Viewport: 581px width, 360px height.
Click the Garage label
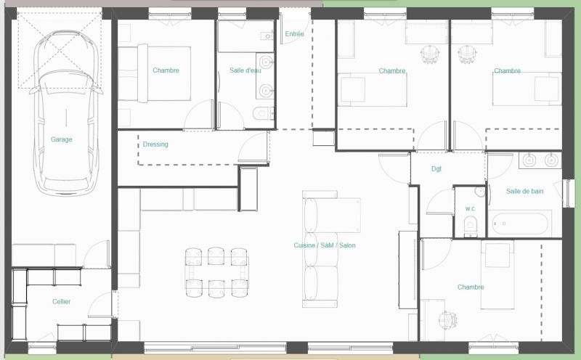coord(62,139)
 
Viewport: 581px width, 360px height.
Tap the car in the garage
coord(66,113)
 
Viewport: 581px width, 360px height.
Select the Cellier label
coord(62,301)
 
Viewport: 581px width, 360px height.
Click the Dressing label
coord(155,144)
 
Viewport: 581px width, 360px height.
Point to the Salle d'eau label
coord(245,70)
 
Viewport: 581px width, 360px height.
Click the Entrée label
coord(295,33)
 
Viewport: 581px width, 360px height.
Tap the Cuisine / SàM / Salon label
coord(325,245)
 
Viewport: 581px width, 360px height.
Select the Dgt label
coord(436,168)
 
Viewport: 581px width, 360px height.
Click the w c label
coord(470,209)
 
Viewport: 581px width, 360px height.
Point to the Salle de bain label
coord(524,191)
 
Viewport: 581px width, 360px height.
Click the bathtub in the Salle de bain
coord(520,224)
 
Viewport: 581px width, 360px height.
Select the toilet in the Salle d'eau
coord(263,112)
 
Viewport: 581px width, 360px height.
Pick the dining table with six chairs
coord(216,273)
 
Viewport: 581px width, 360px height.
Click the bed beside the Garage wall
coord(155,73)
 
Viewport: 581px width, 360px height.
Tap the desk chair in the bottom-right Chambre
coord(447,319)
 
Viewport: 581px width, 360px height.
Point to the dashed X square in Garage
coord(60,50)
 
